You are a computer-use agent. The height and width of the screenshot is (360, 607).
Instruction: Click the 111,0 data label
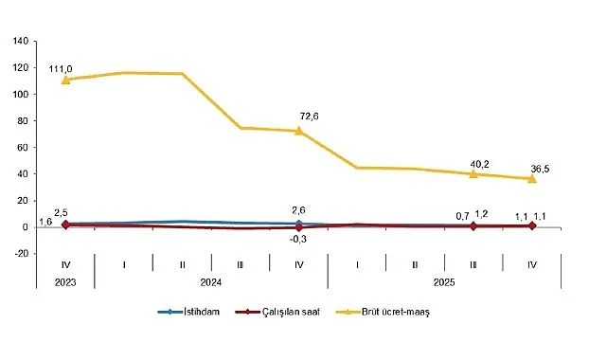pos(63,68)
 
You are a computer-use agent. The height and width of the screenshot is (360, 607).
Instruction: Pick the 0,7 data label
pos(463,216)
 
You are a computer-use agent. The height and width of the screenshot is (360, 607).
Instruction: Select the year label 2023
pos(64,281)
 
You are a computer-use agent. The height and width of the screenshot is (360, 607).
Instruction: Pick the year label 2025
pos(442,281)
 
